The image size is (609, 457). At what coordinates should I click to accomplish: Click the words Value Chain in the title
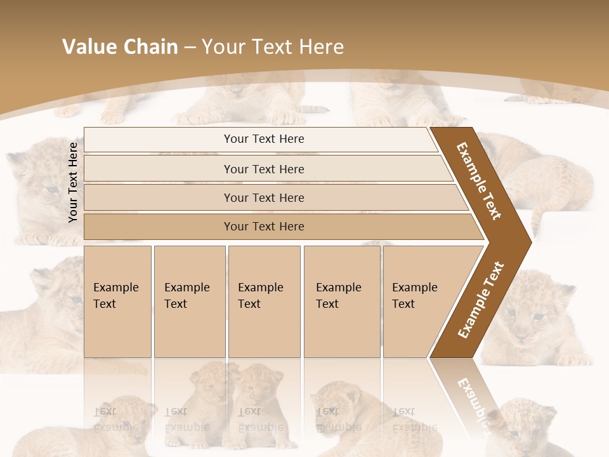[x=120, y=47]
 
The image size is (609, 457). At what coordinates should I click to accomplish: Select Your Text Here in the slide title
[x=273, y=47]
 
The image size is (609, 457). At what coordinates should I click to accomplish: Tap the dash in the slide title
[x=190, y=47]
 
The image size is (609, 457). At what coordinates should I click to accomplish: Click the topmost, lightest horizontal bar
[x=260, y=139]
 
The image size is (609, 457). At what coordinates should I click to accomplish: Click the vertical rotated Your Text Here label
[x=73, y=182]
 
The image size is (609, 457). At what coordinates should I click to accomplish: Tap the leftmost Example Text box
[x=117, y=301]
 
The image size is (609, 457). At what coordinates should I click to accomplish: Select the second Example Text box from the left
[x=189, y=301]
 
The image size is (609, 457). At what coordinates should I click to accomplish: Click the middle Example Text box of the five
[x=264, y=301]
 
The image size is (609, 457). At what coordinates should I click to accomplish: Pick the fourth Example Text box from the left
[x=341, y=301]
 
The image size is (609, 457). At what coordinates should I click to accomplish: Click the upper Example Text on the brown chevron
[x=480, y=180]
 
